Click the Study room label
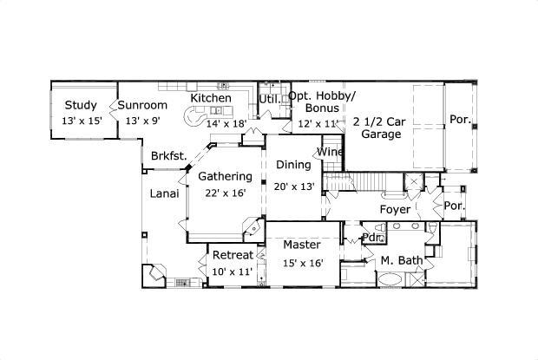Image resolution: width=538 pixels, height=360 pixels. (82, 106)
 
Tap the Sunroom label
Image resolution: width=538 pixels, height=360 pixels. (141, 106)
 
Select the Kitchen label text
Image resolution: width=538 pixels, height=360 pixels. (211, 98)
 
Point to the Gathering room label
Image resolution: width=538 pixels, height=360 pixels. (225, 177)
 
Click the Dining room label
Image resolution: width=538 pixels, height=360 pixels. (293, 165)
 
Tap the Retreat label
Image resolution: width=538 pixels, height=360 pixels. (233, 255)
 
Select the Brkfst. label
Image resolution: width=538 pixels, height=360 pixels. (169, 156)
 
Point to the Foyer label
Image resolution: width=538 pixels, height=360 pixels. (395, 209)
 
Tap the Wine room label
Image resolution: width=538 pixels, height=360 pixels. (330, 153)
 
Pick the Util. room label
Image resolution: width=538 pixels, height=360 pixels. (269, 98)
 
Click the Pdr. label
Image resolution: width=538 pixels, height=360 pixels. (372, 237)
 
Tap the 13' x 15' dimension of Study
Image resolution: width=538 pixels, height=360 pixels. (82, 121)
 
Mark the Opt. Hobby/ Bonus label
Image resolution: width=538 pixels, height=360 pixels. (321, 103)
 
